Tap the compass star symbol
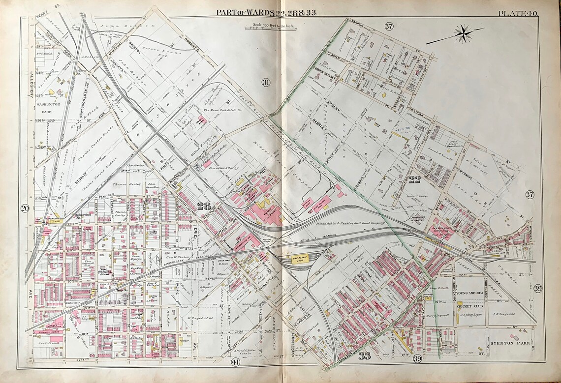click(x=463, y=33)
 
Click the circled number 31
click(x=266, y=82)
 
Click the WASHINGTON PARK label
click(x=47, y=108)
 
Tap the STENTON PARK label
click(x=510, y=343)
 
